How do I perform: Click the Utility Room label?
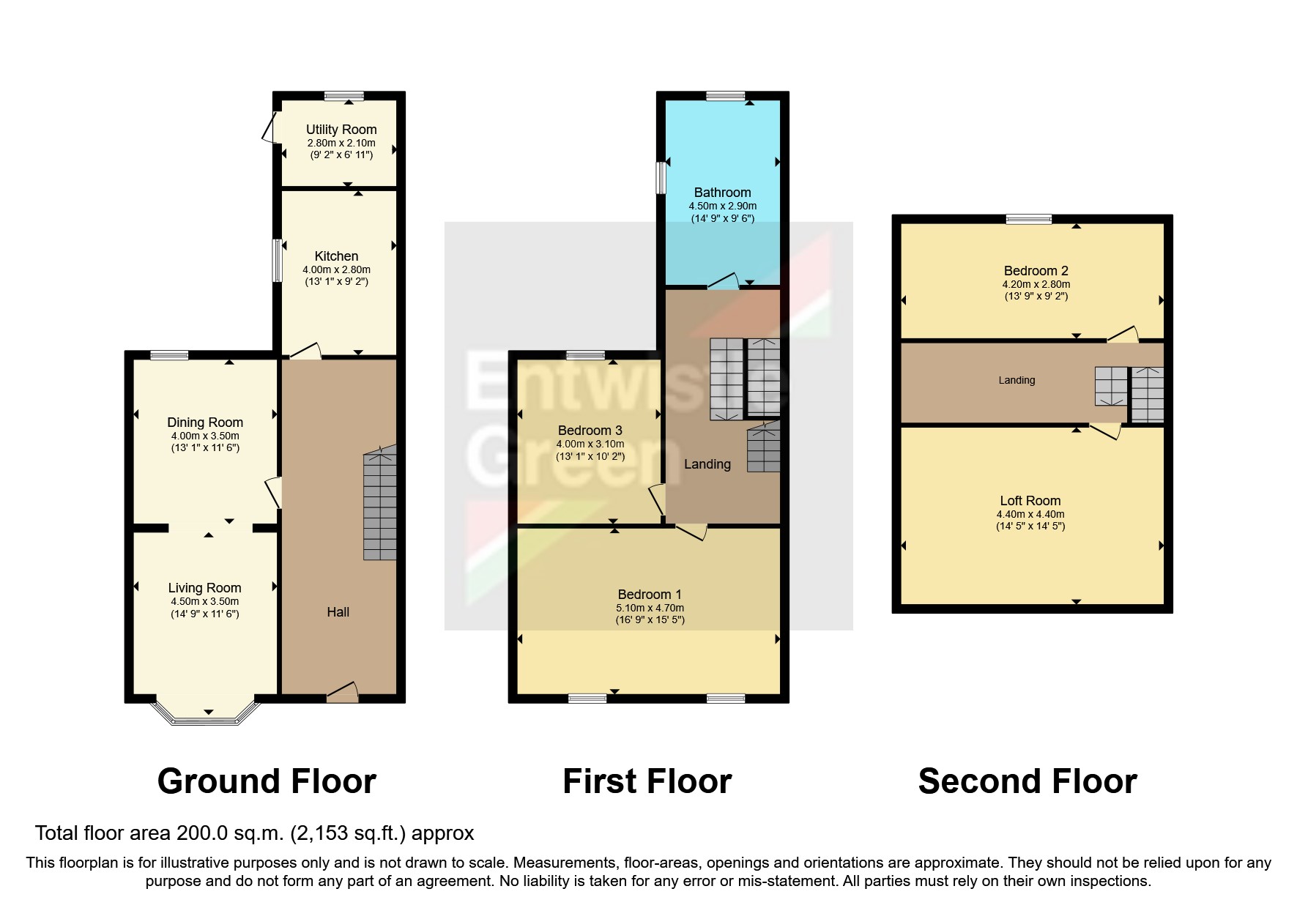(x=341, y=130)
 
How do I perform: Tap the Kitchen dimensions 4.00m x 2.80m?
(x=337, y=269)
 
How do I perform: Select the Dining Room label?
(x=205, y=423)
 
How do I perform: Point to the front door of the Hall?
(x=343, y=693)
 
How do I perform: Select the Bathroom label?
(x=722, y=193)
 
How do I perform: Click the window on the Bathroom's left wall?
(x=661, y=177)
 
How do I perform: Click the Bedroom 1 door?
(x=691, y=532)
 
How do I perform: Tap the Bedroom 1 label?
(x=650, y=595)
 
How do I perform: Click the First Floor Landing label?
(x=707, y=464)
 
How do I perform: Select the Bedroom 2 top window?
(x=1028, y=219)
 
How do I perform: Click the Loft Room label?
(x=1030, y=501)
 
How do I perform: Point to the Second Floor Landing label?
(x=1017, y=381)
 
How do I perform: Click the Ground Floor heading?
(x=267, y=781)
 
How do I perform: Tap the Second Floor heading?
(x=1027, y=781)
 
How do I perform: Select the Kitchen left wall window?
(x=278, y=260)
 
